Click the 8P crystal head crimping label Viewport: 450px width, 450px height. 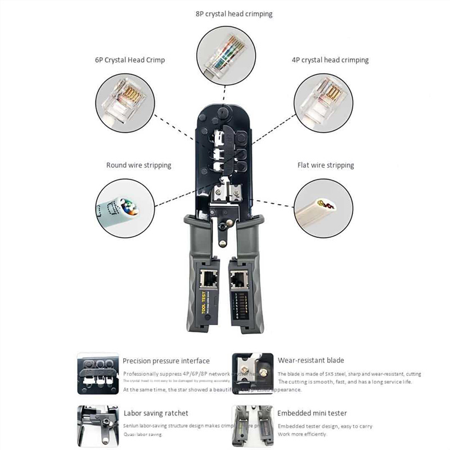(x=233, y=14)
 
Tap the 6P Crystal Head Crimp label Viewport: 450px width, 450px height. (x=129, y=60)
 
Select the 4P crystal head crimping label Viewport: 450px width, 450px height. (x=330, y=60)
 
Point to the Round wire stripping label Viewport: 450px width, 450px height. (x=138, y=165)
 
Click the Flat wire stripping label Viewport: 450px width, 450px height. (x=325, y=165)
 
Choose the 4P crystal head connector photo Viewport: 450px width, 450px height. (x=323, y=100)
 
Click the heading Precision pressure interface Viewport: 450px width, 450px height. (x=166, y=361)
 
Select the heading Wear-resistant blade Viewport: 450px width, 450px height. (x=310, y=360)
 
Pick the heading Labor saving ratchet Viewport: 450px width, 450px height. (x=155, y=413)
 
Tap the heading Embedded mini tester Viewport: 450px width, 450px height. (x=312, y=413)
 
